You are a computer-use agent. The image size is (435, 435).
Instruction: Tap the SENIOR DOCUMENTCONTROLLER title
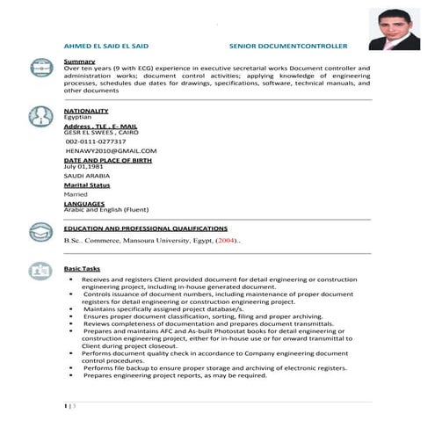tap(287, 44)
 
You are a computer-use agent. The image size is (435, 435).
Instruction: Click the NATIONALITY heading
tap(86, 111)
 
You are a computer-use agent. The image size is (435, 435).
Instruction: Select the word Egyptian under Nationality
tap(77, 117)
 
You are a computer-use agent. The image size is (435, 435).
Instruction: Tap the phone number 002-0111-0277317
tap(96, 141)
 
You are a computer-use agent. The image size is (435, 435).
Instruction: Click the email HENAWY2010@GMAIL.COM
tap(111, 151)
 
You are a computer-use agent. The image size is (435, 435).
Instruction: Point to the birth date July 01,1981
tap(83, 166)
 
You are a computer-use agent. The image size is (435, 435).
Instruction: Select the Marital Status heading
tap(87, 185)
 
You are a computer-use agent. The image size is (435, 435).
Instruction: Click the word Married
tap(76, 194)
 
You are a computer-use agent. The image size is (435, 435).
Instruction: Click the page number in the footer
tap(67, 405)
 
